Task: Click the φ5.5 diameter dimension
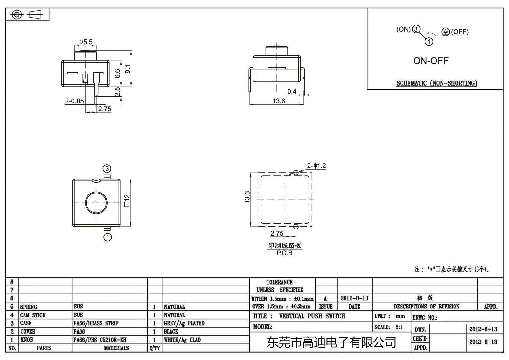(x=86, y=42)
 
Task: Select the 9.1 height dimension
(x=128, y=69)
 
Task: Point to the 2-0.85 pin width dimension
(x=74, y=101)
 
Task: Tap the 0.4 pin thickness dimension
(x=291, y=92)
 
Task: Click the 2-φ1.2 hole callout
(x=316, y=166)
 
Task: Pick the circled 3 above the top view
(x=107, y=169)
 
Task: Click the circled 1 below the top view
(x=108, y=237)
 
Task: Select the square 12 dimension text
(x=127, y=201)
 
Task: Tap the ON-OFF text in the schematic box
(x=430, y=61)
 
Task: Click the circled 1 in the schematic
(x=429, y=42)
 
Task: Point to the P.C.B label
(x=284, y=253)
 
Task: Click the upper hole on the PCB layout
(x=296, y=173)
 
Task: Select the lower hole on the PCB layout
(x=296, y=227)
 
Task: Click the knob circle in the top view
(x=96, y=202)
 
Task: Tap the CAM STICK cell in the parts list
(x=33, y=315)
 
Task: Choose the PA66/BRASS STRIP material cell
(x=96, y=323)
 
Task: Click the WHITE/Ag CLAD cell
(x=182, y=340)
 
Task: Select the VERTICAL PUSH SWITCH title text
(x=312, y=316)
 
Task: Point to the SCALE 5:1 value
(x=399, y=327)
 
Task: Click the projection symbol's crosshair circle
(x=17, y=15)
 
